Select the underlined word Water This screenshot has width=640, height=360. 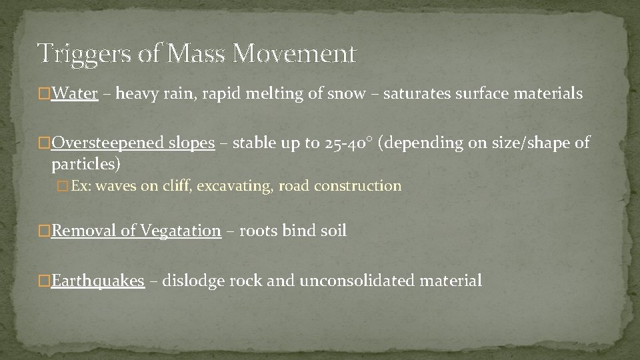point(75,94)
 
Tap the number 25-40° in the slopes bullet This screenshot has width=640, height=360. point(349,143)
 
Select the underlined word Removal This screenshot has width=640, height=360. point(84,231)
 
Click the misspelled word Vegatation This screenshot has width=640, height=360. point(180,231)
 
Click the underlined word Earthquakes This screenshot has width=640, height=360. point(97,281)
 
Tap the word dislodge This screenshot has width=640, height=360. point(194,281)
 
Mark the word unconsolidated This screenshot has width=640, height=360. point(357,281)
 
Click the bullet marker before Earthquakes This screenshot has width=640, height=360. point(45,281)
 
